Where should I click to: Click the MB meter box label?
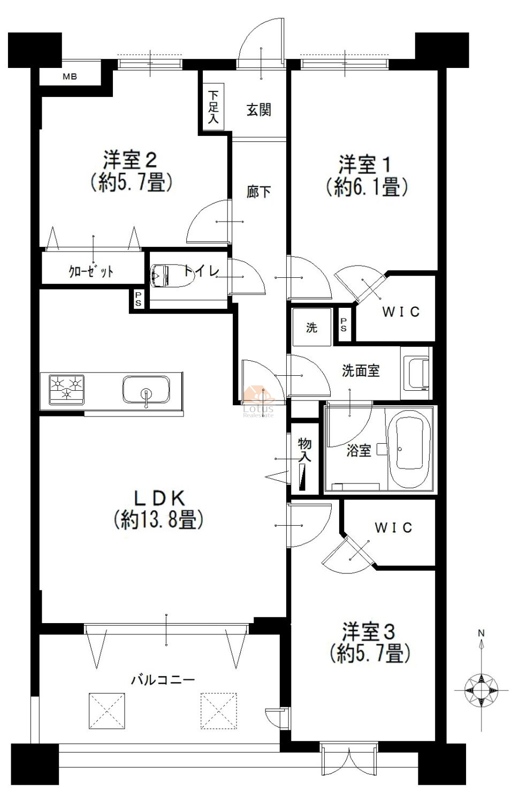pyautogui.click(x=70, y=77)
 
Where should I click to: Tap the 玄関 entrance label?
pyautogui.click(x=258, y=110)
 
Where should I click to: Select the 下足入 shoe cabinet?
pyautogui.click(x=213, y=107)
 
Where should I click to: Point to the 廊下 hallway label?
pyautogui.click(x=258, y=192)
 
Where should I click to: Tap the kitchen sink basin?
pyautogui.click(x=146, y=389)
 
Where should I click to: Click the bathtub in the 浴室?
pyautogui.click(x=413, y=449)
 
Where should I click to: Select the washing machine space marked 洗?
pyautogui.click(x=311, y=327)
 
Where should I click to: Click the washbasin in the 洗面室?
pyautogui.click(x=417, y=374)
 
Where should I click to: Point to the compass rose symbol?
pyautogui.click(x=481, y=690)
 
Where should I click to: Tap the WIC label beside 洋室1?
pyautogui.click(x=401, y=312)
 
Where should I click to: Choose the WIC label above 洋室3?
pyautogui.click(x=393, y=527)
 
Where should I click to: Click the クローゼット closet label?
pyautogui.click(x=91, y=271)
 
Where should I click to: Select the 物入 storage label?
pyautogui.click(x=305, y=450)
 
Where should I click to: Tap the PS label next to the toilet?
pyautogui.click(x=138, y=299)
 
